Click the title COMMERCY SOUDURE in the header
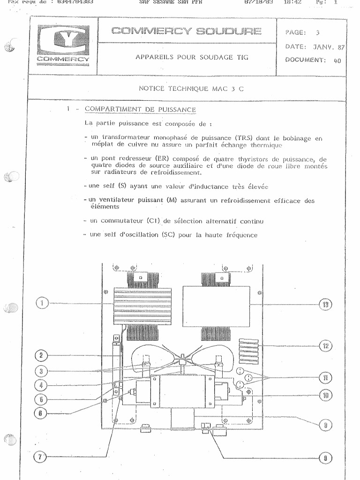(x=186, y=31)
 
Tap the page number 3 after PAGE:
(x=317, y=32)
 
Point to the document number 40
(x=337, y=60)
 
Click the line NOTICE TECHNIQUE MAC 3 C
(x=191, y=89)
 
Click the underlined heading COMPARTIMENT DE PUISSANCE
(x=140, y=110)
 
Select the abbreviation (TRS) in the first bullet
(x=244, y=138)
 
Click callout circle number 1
(x=42, y=303)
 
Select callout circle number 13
(x=325, y=305)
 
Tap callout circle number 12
(x=325, y=346)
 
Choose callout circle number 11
(x=325, y=377)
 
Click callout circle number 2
(x=42, y=355)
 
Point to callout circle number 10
(x=325, y=396)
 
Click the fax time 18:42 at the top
(x=292, y=2)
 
